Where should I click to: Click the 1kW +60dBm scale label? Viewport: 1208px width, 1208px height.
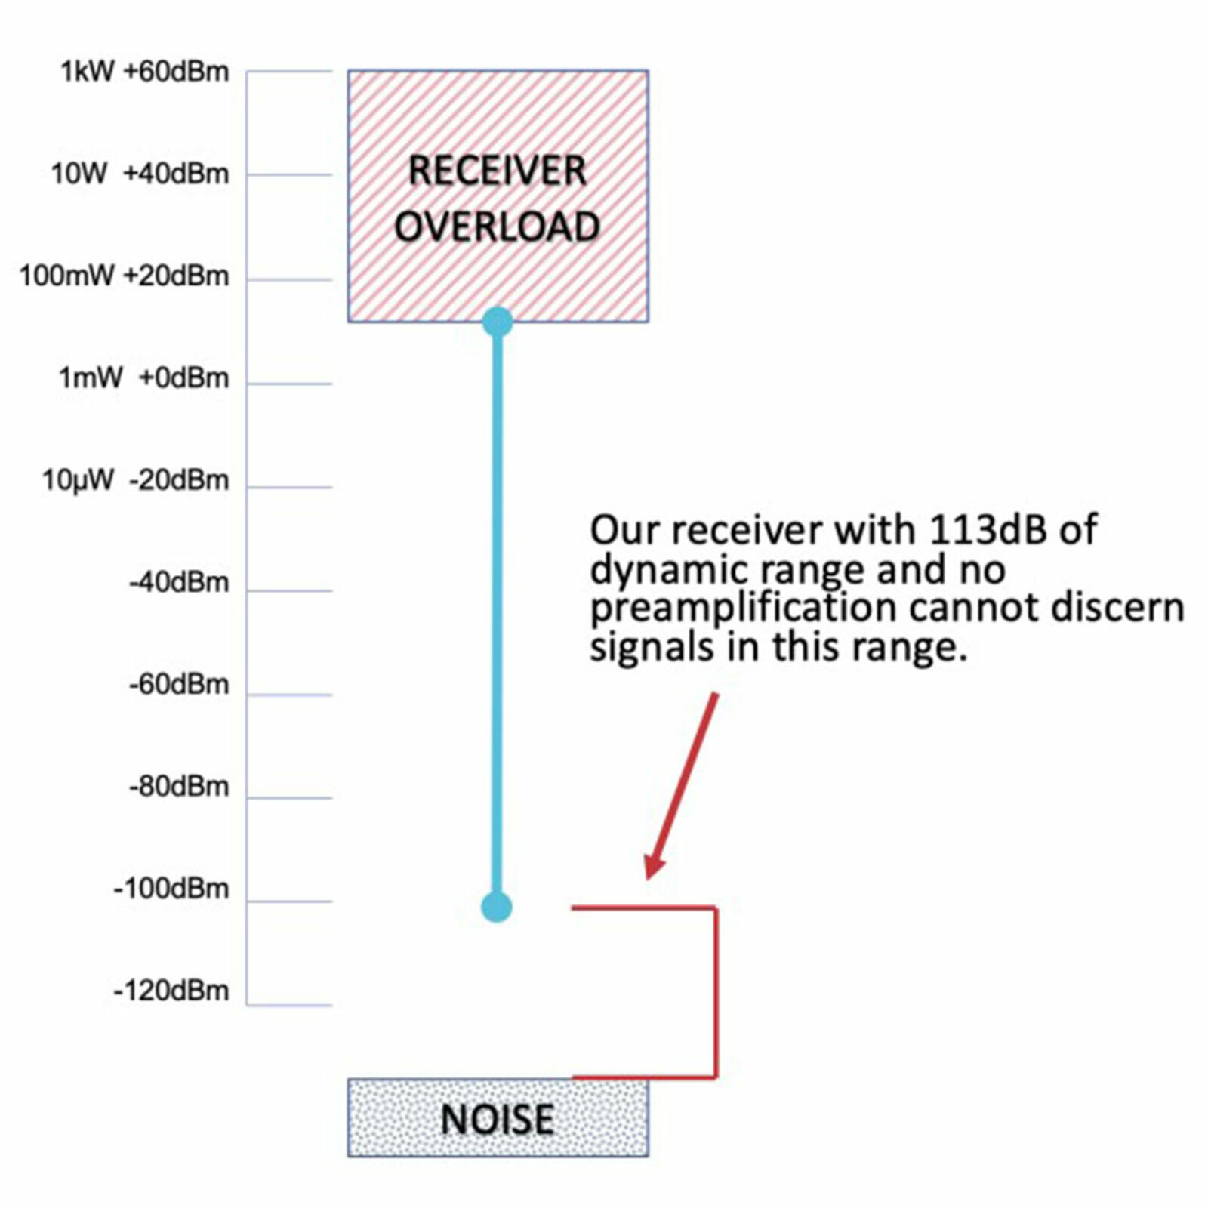coord(144,72)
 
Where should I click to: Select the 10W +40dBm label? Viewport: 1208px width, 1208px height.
coord(140,174)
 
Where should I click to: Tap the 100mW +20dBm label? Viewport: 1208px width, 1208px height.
coord(124,276)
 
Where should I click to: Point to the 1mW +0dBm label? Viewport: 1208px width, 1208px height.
coord(143,378)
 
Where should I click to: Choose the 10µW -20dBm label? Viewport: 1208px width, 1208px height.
coord(135,480)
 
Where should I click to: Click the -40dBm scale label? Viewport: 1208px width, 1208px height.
coord(179,583)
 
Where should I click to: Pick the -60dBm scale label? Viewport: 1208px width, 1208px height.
coord(179,685)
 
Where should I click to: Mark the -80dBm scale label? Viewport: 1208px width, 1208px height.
coord(179,787)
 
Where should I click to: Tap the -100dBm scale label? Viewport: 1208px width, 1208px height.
coord(171,889)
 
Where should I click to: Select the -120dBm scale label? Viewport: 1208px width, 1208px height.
coord(171,991)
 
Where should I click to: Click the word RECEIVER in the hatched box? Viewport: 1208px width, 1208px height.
coord(497,171)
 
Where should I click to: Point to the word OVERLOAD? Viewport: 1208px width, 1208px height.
coord(497,226)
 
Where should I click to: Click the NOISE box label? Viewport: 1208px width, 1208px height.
coord(497,1120)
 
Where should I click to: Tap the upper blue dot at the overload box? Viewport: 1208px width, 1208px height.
coord(497,322)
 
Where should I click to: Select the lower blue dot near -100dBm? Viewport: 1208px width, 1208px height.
coord(497,907)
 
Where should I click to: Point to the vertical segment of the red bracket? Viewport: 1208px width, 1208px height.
coord(716,993)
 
